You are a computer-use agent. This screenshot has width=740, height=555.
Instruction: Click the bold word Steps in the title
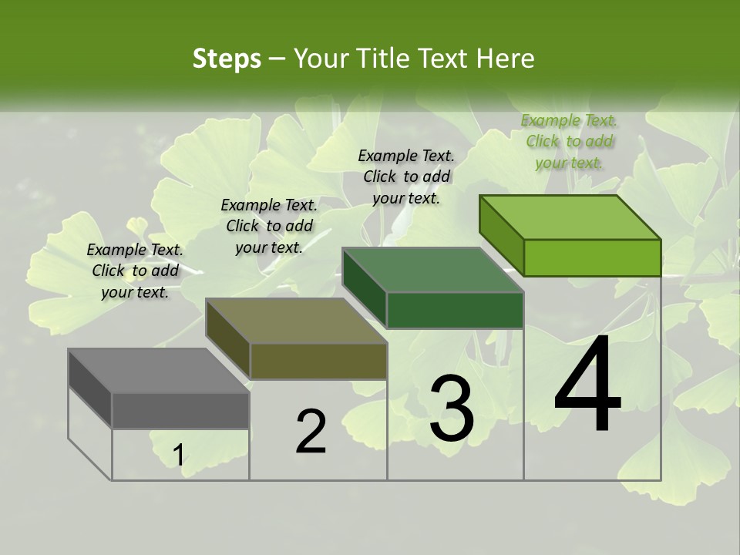(x=226, y=59)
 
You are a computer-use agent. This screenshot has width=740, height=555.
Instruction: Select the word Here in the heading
(x=505, y=59)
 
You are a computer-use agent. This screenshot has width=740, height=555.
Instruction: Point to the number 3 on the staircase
(x=452, y=409)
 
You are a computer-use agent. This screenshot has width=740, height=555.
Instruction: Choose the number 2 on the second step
(x=311, y=432)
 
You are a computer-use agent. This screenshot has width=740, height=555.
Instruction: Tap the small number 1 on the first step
(x=178, y=456)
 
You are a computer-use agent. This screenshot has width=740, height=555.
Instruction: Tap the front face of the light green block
(x=592, y=257)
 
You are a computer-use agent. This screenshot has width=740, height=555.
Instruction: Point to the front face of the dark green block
(x=455, y=310)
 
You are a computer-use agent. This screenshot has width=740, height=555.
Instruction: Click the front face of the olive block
(x=318, y=361)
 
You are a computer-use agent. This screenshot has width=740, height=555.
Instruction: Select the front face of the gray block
(x=180, y=410)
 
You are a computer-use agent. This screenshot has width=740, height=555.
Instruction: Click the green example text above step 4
(x=570, y=141)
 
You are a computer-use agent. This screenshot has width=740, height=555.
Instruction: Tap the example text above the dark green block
(x=406, y=177)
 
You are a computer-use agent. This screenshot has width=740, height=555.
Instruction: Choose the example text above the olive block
(x=269, y=226)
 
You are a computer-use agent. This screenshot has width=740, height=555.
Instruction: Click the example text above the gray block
(x=135, y=271)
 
